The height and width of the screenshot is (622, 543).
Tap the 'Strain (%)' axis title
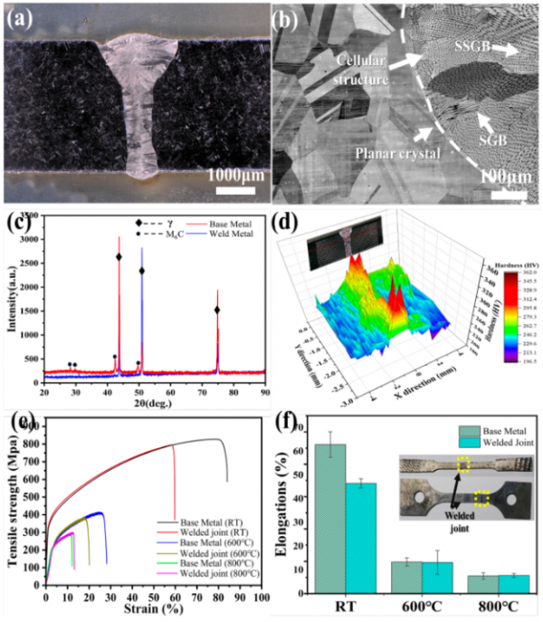149,611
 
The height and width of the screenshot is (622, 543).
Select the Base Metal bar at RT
329,516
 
